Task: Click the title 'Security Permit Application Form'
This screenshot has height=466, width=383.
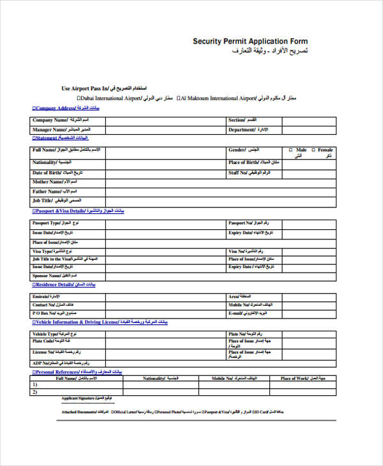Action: [x=250, y=41]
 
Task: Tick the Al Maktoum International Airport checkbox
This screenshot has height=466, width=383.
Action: [x=178, y=98]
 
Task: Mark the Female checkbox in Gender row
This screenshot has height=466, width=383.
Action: [x=313, y=149]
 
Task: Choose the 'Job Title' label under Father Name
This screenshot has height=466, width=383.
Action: [x=44, y=200]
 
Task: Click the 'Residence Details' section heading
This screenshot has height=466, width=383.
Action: [x=55, y=284]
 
